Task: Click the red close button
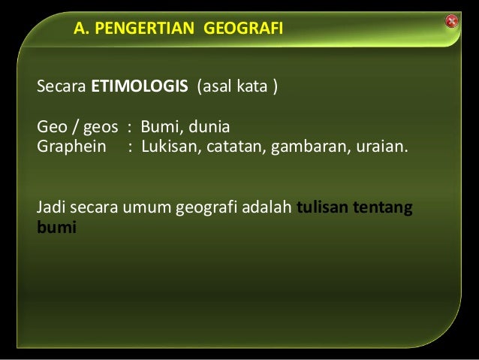point(451,21)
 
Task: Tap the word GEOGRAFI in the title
point(243,31)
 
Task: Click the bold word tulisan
point(322,207)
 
